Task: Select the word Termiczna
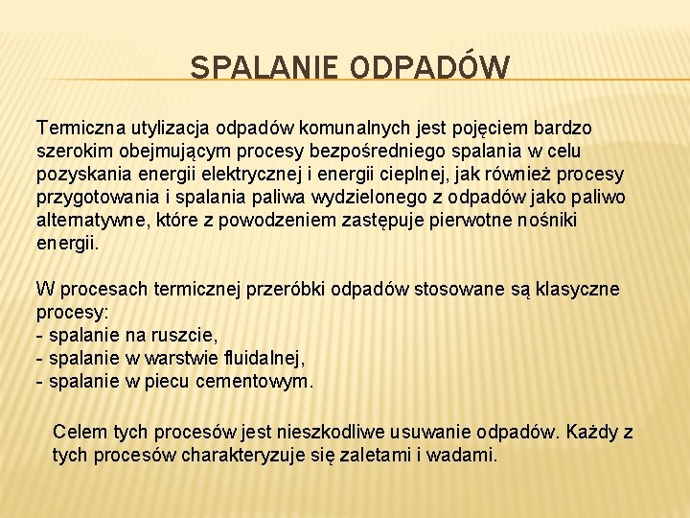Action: pos(75,128)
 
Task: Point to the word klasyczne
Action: pos(579,289)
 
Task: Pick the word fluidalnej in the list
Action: pos(260,358)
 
